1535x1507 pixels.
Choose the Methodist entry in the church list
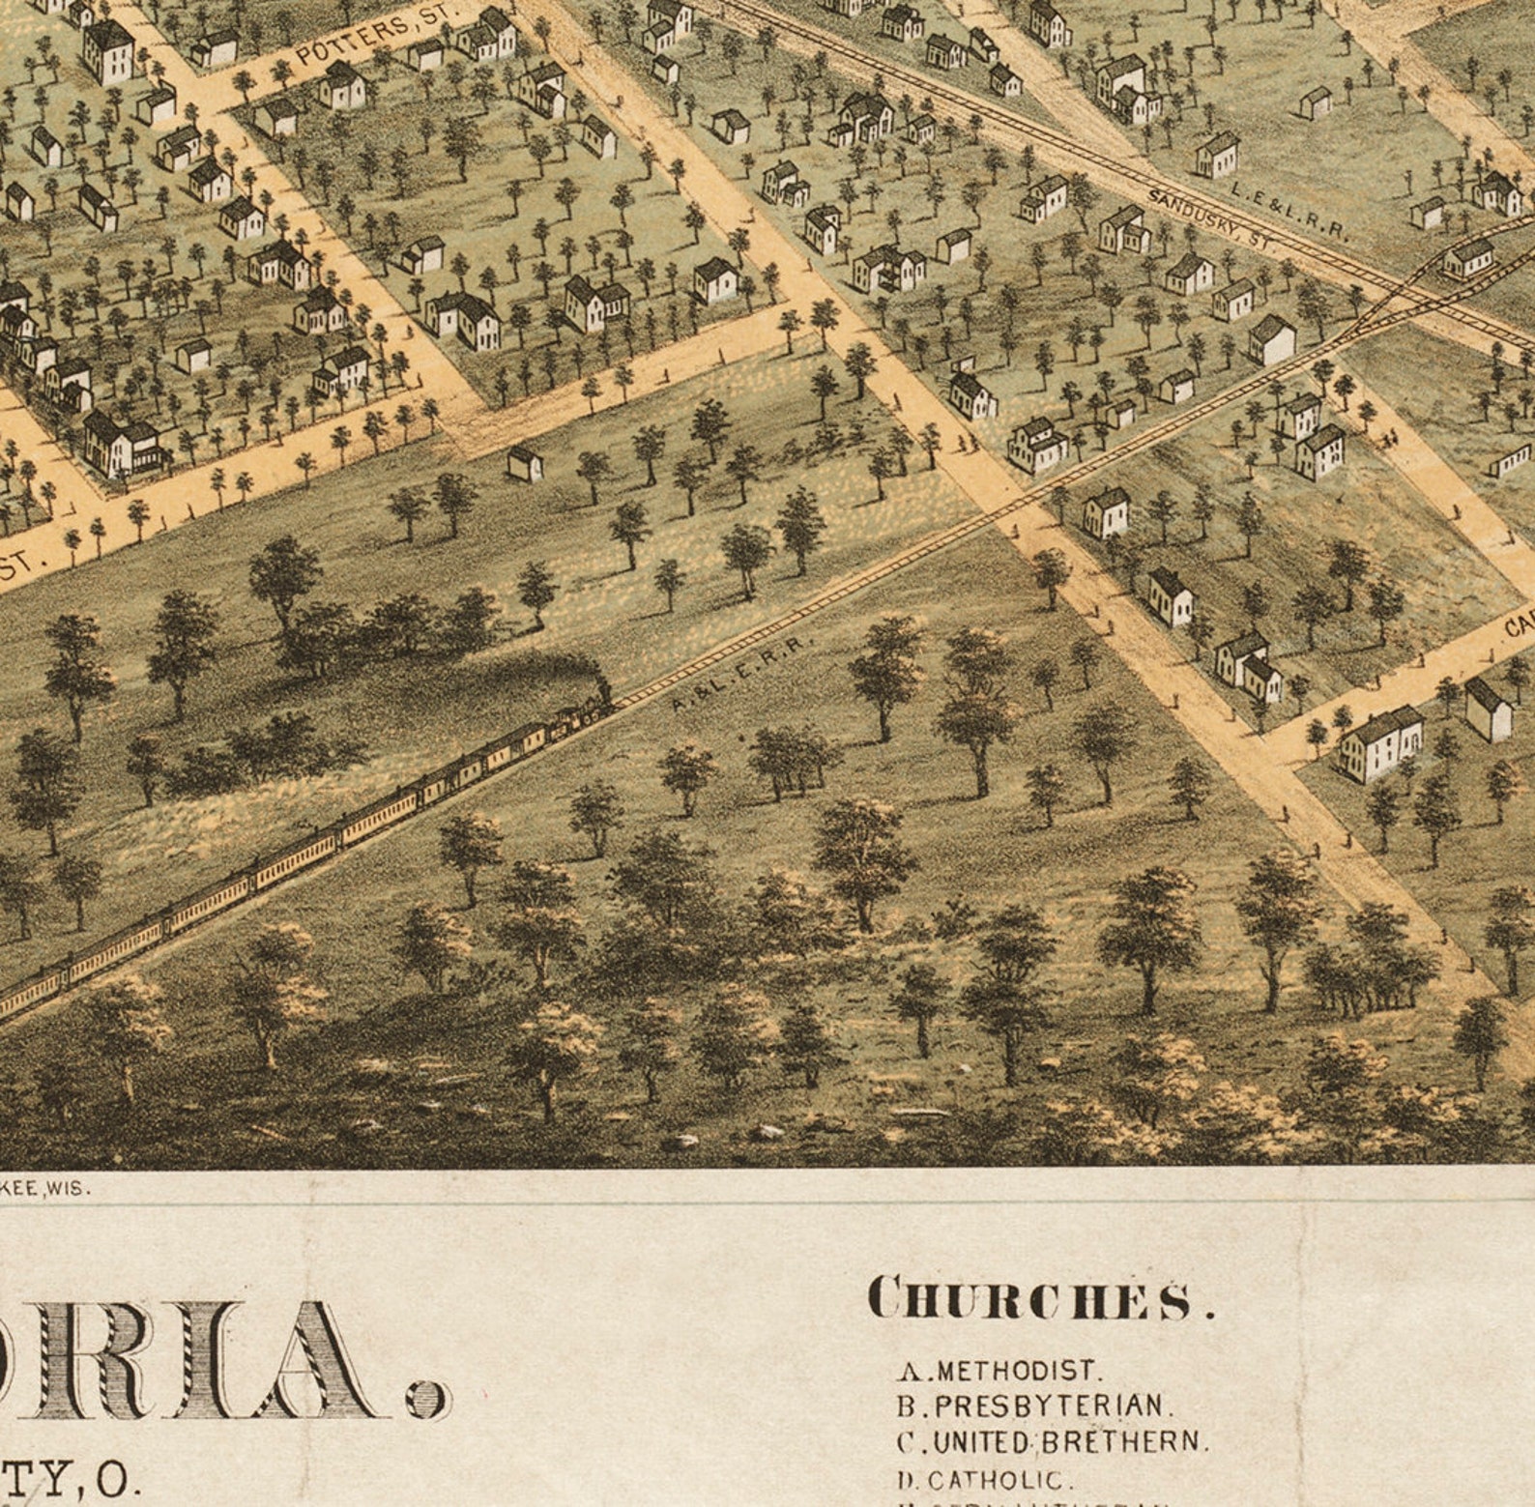click(1000, 1371)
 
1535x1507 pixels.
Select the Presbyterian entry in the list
click(1034, 1406)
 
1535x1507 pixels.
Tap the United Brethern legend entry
click(1053, 1442)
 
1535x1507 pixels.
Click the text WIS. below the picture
click(73, 1189)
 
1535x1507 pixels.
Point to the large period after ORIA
click(428, 1397)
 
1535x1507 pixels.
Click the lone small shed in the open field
click(525, 463)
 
